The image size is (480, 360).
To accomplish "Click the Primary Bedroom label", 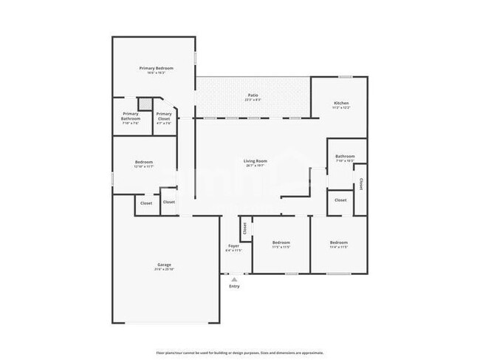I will pyautogui.click(x=156, y=68).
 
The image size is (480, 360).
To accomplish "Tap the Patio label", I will pyautogui.click(x=253, y=95).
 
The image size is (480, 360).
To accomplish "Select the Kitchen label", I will pyautogui.click(x=340, y=103).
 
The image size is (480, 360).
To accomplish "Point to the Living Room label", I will pyautogui.click(x=256, y=160).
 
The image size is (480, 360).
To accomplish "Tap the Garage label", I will pyautogui.click(x=164, y=264).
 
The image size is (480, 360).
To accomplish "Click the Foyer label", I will pyautogui.click(x=233, y=245).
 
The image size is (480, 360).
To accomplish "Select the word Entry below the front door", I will pyautogui.click(x=234, y=286).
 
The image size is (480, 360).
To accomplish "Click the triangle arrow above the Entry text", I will pyautogui.click(x=234, y=279).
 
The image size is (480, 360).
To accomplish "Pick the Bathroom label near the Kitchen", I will pyautogui.click(x=345, y=156).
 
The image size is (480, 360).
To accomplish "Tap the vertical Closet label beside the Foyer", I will pyautogui.click(x=244, y=228).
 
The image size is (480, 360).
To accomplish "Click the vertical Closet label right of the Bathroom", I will pyautogui.click(x=360, y=183).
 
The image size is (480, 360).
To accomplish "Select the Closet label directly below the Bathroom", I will pyautogui.click(x=340, y=200).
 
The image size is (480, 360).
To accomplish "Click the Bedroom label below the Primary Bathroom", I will pyautogui.click(x=144, y=162).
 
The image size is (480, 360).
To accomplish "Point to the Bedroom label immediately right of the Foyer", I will pyautogui.click(x=281, y=242).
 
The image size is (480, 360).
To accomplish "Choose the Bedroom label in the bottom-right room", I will pyautogui.click(x=338, y=242).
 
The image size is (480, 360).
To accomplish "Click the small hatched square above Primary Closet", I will pyautogui.click(x=145, y=103).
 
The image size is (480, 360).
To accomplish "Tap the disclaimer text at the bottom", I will pyautogui.click(x=239, y=353).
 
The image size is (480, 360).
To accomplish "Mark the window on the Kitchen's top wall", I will pyautogui.click(x=345, y=76).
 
